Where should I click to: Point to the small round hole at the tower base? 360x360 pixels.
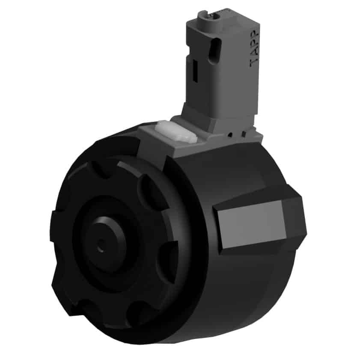(x=230, y=135)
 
